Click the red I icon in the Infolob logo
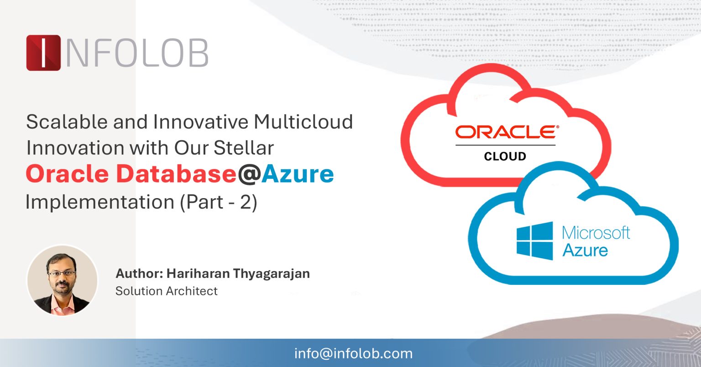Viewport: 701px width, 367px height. click(43, 53)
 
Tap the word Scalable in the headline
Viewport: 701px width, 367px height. click(67, 122)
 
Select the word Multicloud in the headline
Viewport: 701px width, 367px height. click(303, 122)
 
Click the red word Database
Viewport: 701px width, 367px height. click(176, 174)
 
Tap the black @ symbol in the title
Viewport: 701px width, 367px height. click(249, 175)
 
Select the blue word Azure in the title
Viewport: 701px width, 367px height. click(298, 174)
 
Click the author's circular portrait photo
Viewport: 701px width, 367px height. click(63, 280)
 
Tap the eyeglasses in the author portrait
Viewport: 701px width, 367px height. click(62, 274)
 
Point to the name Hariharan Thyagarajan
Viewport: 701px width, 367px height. click(238, 273)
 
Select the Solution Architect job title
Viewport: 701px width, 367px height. click(166, 291)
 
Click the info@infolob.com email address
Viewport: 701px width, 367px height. click(353, 353)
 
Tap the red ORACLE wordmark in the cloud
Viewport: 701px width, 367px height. click(506, 132)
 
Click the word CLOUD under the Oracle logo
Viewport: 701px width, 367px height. click(505, 157)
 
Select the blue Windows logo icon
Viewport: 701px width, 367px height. click(534, 241)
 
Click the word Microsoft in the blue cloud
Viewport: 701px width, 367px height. click(596, 233)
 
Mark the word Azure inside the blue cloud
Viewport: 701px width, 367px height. click(585, 251)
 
